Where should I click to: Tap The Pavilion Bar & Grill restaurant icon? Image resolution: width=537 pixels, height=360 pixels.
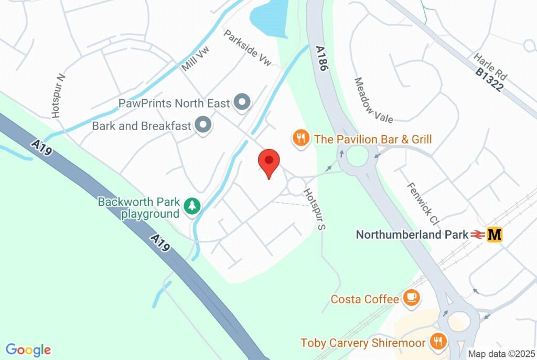click(300, 139)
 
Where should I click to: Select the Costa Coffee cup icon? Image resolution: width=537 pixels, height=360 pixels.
click(411, 299)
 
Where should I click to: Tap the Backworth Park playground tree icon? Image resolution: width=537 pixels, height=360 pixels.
click(193, 206)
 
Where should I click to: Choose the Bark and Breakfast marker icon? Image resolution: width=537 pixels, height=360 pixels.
click(203, 125)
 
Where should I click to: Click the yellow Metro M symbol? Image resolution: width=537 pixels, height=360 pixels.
click(494, 235)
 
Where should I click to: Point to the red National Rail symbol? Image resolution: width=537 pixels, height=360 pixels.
click(477, 235)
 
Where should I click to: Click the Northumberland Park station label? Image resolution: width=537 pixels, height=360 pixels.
click(412, 235)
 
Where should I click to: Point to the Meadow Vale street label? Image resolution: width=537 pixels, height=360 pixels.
click(373, 100)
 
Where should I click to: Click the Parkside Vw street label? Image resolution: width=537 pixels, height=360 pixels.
click(248, 48)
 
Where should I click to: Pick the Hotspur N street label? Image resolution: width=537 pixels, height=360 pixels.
click(58, 95)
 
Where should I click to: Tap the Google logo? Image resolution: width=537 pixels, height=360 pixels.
click(28, 350)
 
